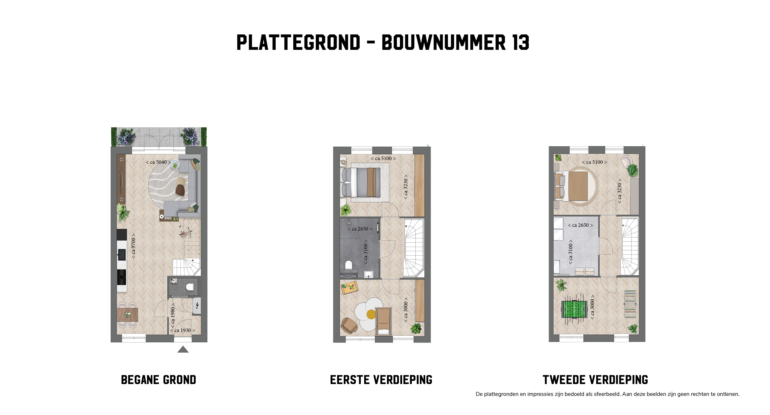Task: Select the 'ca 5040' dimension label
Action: (158, 162)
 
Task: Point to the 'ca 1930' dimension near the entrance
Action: (183, 330)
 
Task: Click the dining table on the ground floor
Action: (128, 314)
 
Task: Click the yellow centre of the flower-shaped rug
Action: (371, 314)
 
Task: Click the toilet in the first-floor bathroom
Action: (349, 265)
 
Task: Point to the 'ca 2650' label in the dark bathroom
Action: (360, 229)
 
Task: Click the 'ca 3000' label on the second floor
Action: (592, 309)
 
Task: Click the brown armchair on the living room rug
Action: (180, 189)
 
